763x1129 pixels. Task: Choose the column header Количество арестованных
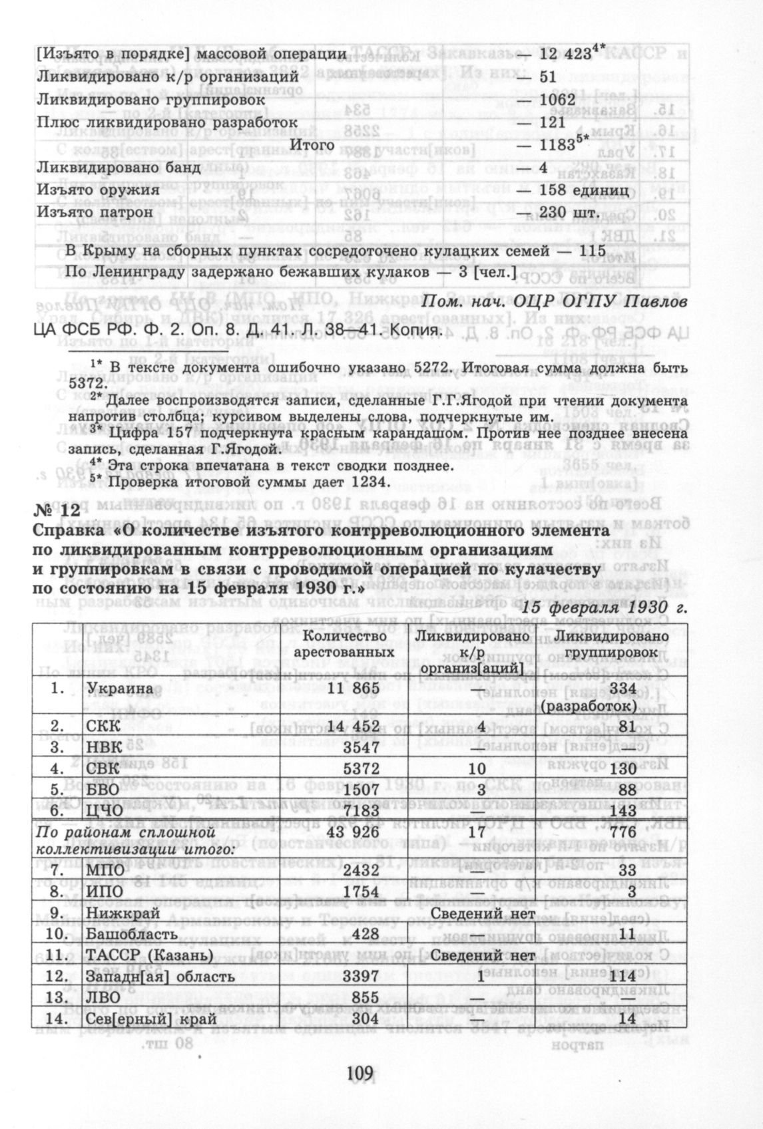tap(342, 645)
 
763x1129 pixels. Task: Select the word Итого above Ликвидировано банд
tap(312, 144)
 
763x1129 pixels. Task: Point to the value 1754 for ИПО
tap(360, 891)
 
